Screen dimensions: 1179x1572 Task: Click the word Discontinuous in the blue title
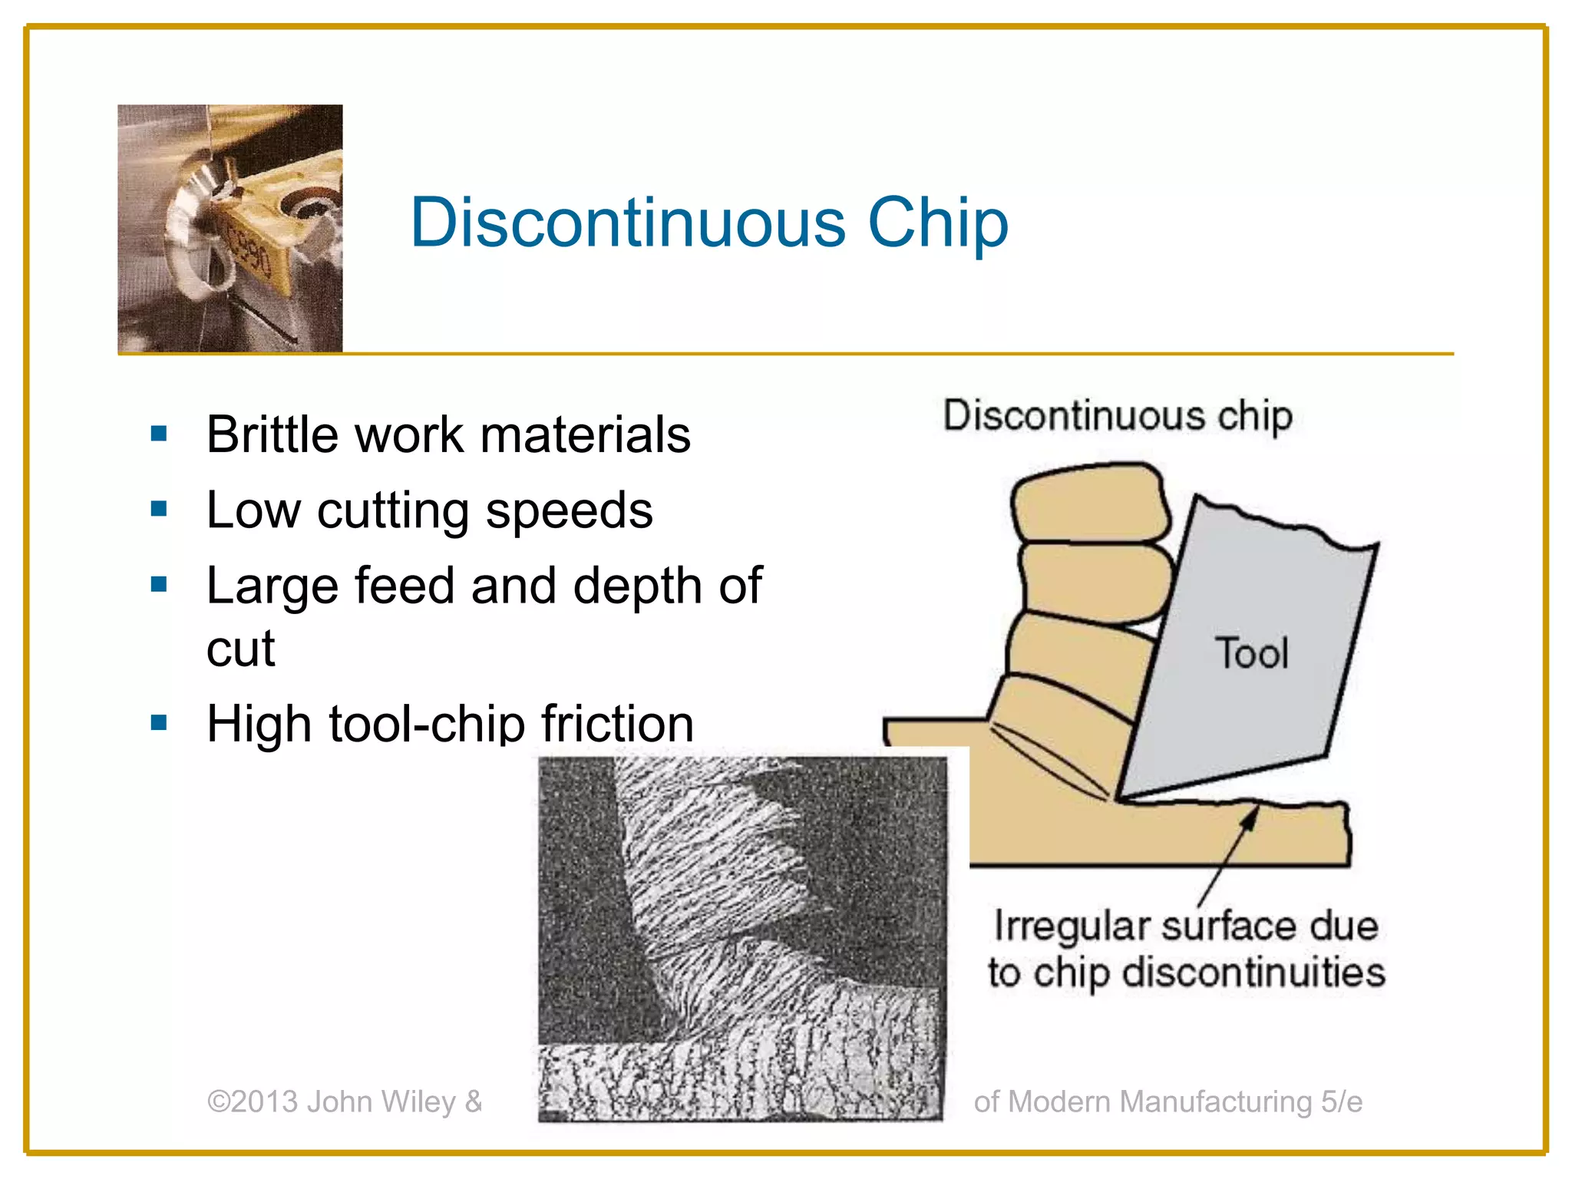click(x=627, y=223)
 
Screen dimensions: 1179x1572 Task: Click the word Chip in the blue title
click(x=937, y=223)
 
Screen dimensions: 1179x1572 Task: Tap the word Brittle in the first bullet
click(x=273, y=434)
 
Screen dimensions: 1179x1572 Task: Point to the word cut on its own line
click(x=240, y=649)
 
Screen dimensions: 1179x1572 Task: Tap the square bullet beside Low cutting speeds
click(x=159, y=509)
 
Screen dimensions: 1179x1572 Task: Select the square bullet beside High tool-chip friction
click(x=159, y=722)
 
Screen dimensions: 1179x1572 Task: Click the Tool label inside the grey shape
click(x=1252, y=654)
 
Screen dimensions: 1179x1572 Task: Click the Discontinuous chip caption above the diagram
click(x=1118, y=416)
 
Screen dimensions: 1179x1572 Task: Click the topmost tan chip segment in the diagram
click(x=1090, y=503)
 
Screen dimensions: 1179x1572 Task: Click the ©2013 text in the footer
click(x=253, y=1101)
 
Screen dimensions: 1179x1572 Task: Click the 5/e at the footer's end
click(x=1341, y=1101)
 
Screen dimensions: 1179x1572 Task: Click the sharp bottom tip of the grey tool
click(x=1118, y=799)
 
